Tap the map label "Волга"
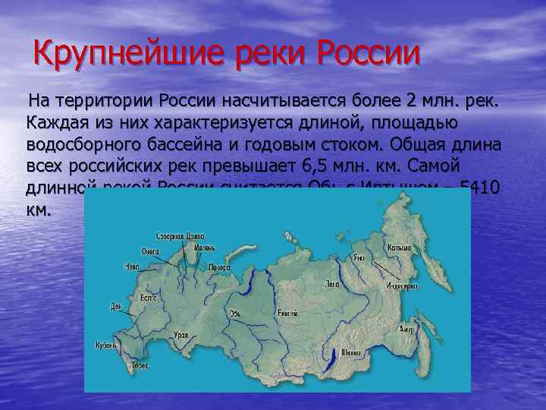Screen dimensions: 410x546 click(x=149, y=299)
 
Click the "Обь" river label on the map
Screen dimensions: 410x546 click(x=235, y=313)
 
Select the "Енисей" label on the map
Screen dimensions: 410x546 click(x=287, y=313)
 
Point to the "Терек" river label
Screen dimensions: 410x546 click(x=140, y=365)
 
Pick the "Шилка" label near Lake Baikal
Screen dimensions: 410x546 click(x=351, y=352)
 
